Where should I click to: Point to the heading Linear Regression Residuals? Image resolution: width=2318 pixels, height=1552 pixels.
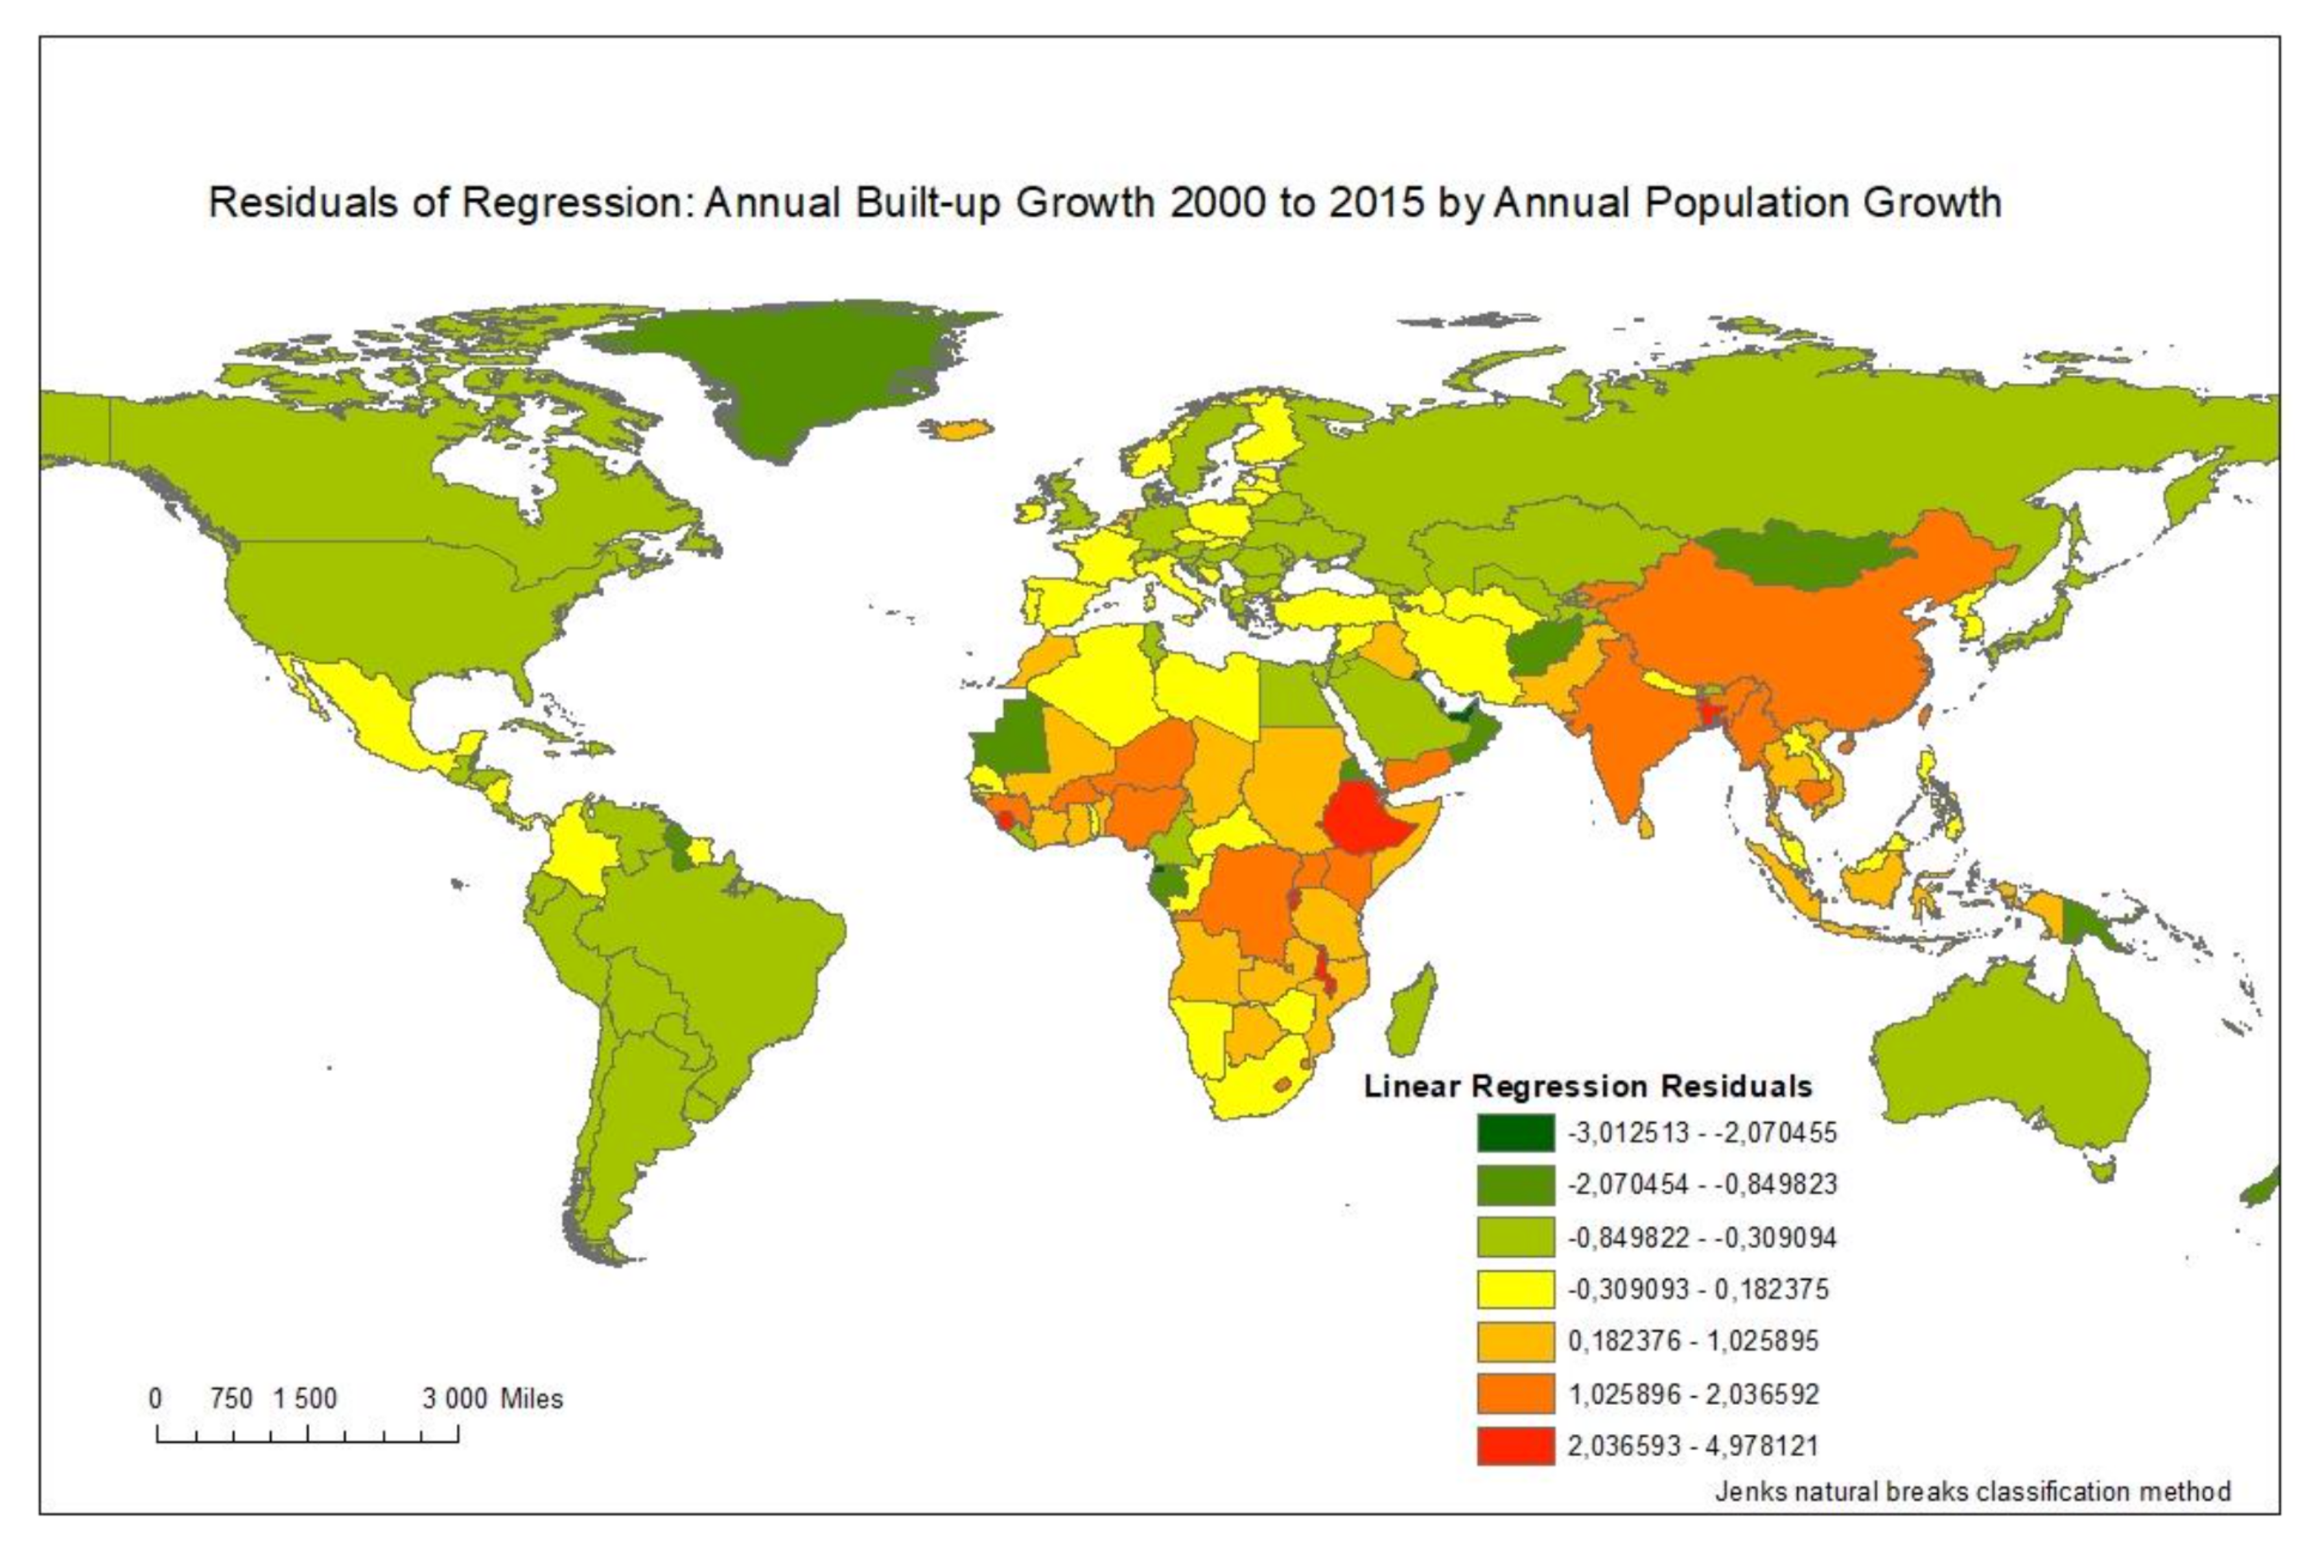coord(1587,1086)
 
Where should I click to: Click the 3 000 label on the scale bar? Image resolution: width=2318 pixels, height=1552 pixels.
coord(454,1398)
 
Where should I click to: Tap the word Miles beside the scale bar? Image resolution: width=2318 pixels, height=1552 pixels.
coord(532,1398)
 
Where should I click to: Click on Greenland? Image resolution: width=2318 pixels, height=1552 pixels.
coord(792,376)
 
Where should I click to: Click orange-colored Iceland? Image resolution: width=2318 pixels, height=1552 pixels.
coord(958,430)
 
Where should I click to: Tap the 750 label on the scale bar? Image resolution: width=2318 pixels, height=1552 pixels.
coord(231,1398)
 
